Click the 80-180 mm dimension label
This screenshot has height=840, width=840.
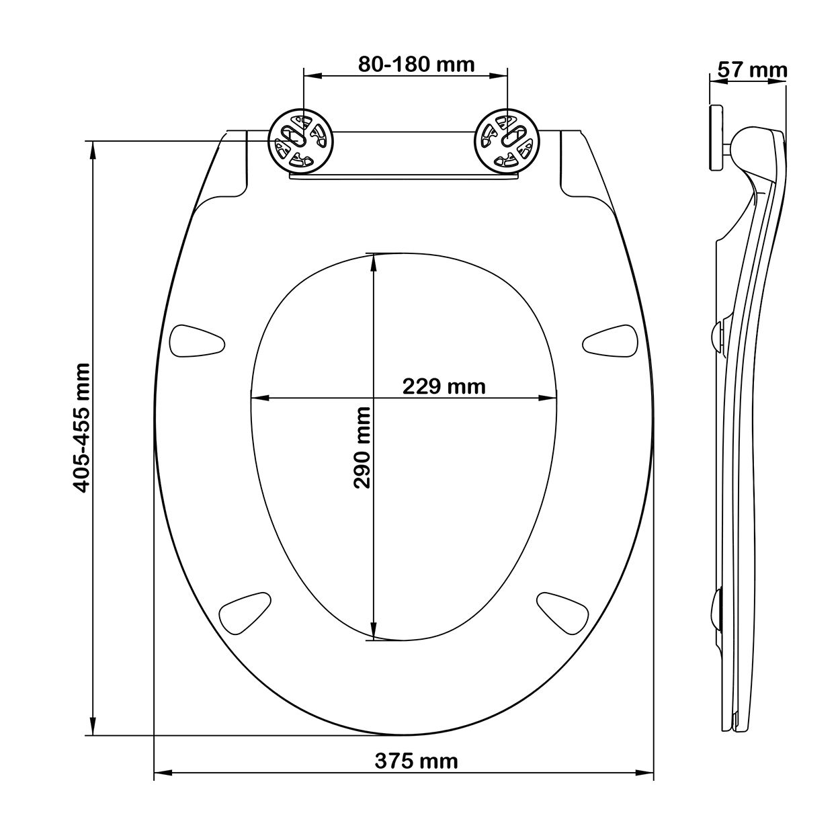click(x=416, y=65)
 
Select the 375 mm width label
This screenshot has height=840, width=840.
click(x=416, y=761)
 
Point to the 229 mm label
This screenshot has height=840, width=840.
click(x=444, y=386)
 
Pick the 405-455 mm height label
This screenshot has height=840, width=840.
click(x=81, y=428)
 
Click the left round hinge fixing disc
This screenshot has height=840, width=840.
click(x=300, y=141)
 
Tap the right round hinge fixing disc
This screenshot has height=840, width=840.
click(x=506, y=141)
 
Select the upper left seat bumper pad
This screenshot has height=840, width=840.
click(x=197, y=342)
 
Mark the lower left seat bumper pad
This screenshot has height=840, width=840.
click(x=245, y=612)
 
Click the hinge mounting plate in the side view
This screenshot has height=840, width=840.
click(x=716, y=137)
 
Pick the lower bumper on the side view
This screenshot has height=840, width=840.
click(x=716, y=609)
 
